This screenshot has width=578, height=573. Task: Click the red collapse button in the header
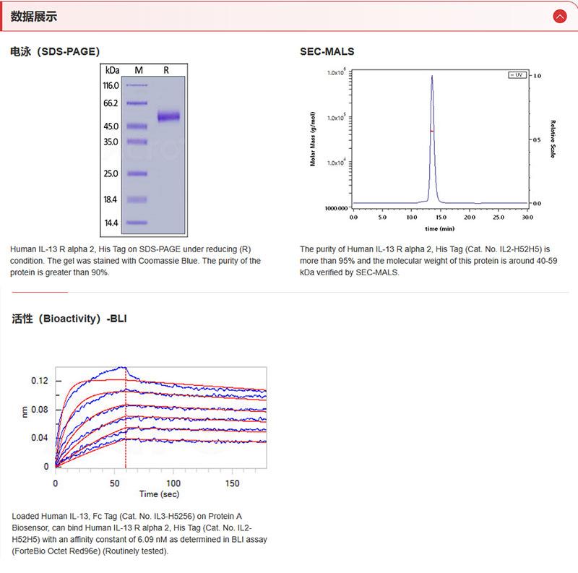559,16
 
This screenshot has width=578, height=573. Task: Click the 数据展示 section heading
34,16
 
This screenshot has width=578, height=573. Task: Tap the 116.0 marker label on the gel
111,85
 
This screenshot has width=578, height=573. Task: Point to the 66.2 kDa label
111,103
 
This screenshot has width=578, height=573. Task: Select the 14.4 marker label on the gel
111,223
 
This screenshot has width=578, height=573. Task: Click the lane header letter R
167,70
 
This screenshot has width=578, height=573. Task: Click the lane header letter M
139,70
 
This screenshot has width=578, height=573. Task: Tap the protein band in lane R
168,116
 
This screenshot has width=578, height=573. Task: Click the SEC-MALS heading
327,52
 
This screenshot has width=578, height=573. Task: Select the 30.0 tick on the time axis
527,217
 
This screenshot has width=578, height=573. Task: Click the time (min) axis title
440,228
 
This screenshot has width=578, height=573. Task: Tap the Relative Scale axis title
553,139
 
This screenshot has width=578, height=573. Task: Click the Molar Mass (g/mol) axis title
313,139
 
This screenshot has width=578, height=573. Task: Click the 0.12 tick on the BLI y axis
40,380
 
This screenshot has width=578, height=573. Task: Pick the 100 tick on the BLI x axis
173,483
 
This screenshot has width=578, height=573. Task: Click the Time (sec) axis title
160,495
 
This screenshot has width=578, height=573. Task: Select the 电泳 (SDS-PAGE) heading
55,52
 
